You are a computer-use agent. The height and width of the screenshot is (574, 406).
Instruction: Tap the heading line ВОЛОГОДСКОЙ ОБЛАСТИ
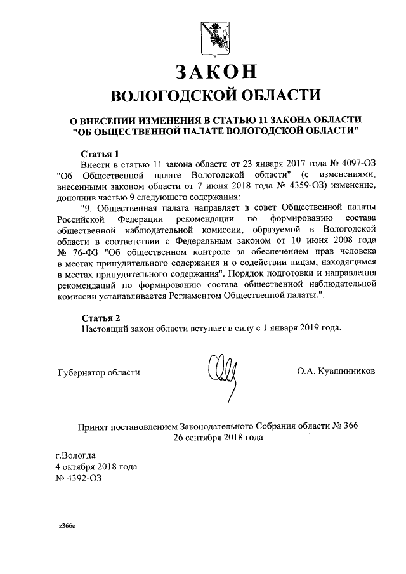[213, 95]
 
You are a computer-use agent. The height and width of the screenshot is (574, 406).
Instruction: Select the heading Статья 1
[100, 153]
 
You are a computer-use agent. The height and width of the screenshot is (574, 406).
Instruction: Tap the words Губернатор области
[98, 372]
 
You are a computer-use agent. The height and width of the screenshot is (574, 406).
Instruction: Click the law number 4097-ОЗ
[343, 164]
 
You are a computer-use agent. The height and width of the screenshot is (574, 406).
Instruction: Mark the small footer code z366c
[67, 526]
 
